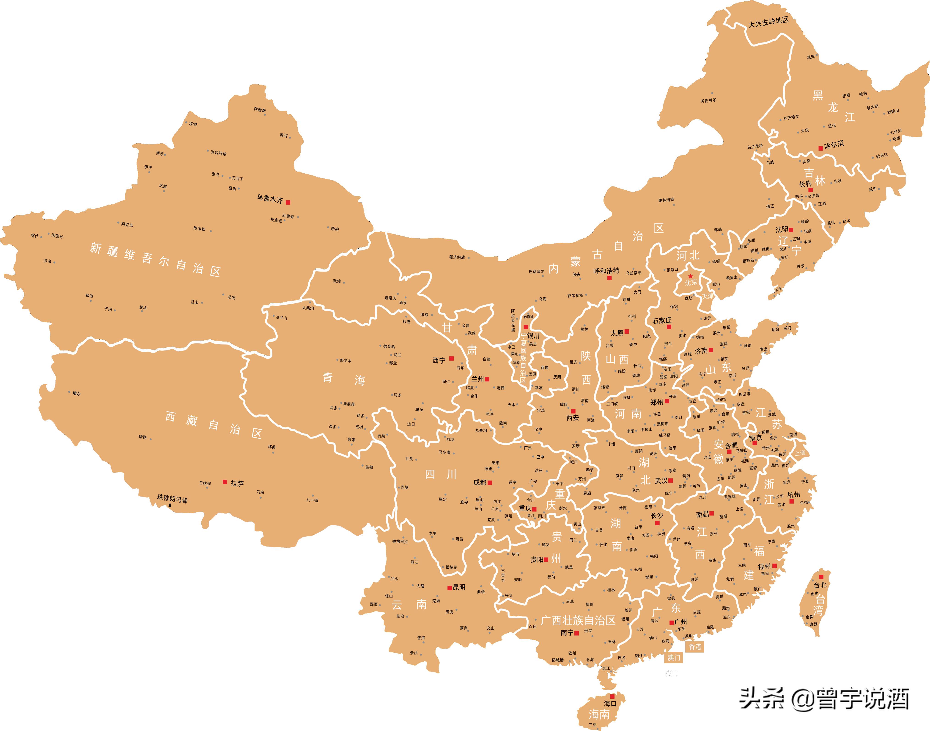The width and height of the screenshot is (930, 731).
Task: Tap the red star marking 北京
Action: click(690, 276)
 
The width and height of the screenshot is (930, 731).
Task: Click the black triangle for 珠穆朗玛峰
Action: click(170, 505)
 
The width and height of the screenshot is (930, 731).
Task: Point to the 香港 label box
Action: click(695, 646)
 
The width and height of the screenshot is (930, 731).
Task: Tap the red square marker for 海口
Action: click(612, 696)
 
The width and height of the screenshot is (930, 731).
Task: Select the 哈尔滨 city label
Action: click(834, 145)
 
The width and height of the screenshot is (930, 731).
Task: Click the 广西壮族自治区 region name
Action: click(578, 620)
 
